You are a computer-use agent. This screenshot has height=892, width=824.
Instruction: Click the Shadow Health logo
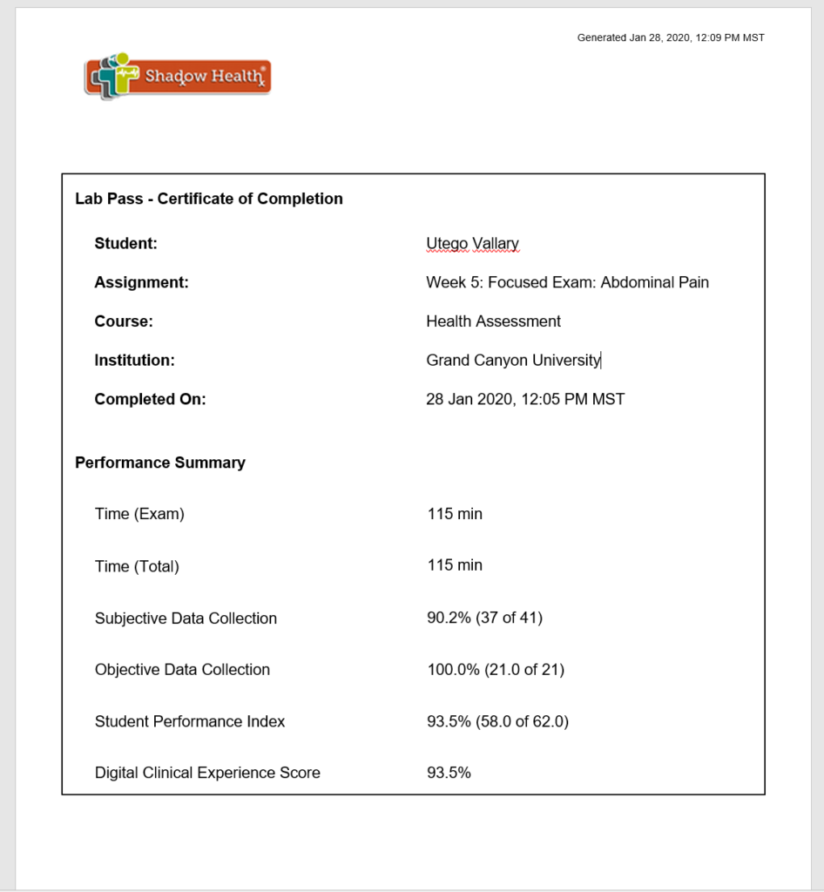coord(178,77)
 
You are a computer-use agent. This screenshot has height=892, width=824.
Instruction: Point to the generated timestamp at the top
coord(671,37)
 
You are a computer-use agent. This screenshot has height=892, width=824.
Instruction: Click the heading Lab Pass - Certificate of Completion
coord(209,199)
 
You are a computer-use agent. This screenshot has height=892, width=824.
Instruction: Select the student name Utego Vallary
coord(472,244)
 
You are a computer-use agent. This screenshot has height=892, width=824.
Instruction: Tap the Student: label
coord(126,244)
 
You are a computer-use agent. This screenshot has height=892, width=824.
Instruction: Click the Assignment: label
coord(141,282)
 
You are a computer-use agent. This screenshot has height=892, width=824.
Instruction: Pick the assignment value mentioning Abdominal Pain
coord(567,282)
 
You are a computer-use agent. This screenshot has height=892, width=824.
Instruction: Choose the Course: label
coord(124,321)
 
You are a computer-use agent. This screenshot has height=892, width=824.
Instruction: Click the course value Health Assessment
coord(493,321)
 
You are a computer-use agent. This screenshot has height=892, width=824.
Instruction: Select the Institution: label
coord(135,360)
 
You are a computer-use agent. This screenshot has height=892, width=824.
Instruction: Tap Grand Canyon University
coord(513,360)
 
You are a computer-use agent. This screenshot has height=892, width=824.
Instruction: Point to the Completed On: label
coord(151,399)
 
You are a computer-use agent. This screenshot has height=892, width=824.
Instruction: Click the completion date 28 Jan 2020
coord(525,399)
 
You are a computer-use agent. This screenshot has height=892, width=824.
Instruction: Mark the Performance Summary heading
coord(160,463)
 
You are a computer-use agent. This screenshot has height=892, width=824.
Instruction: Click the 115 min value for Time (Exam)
coord(455,514)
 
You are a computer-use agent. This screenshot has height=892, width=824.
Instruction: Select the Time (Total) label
coord(137,566)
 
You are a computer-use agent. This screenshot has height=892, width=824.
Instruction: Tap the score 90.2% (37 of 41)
coord(484,618)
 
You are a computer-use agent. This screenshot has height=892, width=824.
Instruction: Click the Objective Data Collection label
coord(182,670)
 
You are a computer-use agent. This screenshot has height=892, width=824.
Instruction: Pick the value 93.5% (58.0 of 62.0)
coord(497,721)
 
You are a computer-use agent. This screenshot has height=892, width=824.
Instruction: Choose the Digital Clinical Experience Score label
coord(207,773)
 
